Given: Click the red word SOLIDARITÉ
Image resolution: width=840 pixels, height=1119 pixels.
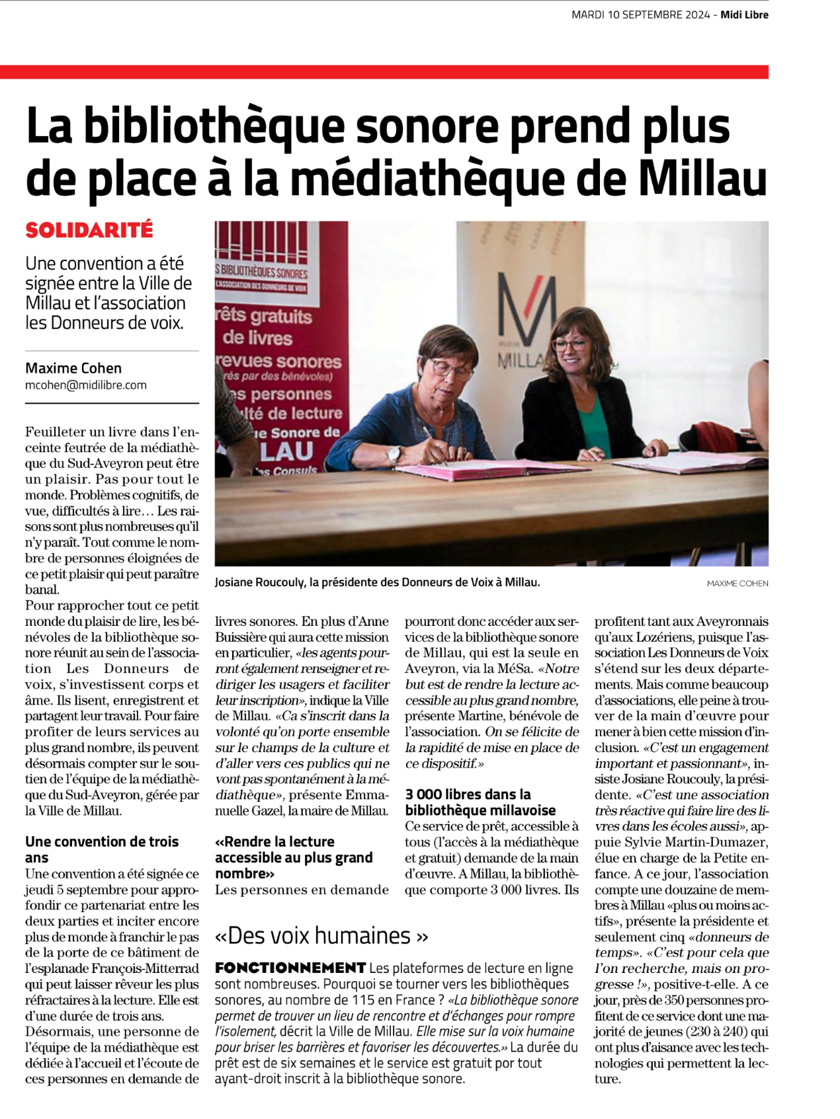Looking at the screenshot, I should [x=89, y=230].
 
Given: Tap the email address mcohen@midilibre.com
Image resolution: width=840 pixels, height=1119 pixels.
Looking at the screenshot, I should [x=86, y=385].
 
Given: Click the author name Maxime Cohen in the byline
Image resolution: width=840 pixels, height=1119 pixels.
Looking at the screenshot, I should [x=73, y=368].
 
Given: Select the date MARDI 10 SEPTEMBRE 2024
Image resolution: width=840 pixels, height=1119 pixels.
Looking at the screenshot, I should [x=640, y=15].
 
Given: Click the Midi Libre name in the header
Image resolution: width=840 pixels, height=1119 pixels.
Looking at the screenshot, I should [x=744, y=15].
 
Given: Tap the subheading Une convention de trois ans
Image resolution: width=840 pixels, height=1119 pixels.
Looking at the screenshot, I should [x=102, y=849].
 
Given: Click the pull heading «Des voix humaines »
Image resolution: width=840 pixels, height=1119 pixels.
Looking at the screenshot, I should [x=321, y=935].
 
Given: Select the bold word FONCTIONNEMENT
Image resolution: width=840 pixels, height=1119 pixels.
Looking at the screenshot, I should [x=290, y=968].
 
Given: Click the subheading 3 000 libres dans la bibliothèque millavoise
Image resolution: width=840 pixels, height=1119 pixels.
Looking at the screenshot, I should [x=480, y=802].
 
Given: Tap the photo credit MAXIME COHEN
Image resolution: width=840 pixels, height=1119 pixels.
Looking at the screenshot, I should [x=737, y=584].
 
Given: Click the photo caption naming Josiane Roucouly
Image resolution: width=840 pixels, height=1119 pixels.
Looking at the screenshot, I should [x=377, y=582].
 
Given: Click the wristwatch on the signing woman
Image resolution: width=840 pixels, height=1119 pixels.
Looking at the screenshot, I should [x=394, y=455].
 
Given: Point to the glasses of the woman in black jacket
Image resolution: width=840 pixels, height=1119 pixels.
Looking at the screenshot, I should [x=569, y=344].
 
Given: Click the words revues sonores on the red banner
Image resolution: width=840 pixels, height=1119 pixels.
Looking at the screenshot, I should [x=279, y=362].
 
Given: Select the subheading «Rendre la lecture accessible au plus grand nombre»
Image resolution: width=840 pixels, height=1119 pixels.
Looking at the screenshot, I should [x=294, y=857].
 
